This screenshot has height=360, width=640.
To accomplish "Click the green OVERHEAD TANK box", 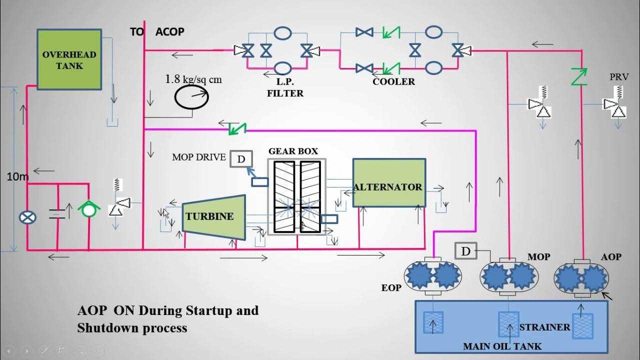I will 69,59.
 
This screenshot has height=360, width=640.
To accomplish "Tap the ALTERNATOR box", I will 388,183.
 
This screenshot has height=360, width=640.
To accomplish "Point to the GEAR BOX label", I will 293,151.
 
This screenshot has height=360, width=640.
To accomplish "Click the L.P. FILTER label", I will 285,88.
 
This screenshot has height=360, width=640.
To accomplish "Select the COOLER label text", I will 393,81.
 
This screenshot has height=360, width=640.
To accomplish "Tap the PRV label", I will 618,77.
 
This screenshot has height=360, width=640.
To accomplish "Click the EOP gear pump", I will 433,276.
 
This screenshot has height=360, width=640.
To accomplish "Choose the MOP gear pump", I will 508,276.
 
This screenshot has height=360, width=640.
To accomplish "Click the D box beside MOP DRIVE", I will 241,159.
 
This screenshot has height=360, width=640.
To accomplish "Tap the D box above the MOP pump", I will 465,251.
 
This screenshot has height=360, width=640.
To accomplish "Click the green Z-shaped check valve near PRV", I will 580,76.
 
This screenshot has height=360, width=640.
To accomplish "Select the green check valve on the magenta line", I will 237,128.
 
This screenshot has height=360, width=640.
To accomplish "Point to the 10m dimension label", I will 18,176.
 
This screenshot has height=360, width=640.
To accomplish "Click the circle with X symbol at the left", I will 27,217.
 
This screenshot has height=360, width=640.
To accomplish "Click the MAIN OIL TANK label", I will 502,346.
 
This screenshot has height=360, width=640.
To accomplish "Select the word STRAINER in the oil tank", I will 544,327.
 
